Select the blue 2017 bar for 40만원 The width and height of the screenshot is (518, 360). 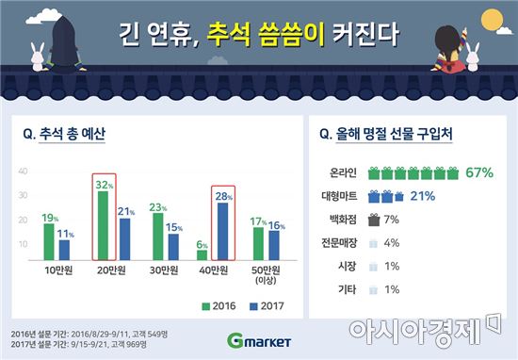click(221, 233)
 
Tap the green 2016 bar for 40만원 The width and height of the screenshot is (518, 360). click(202, 255)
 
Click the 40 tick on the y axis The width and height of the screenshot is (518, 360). click(23, 172)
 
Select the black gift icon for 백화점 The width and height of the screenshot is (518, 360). click(374, 219)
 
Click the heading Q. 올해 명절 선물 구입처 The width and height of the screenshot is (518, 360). click(385, 133)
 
